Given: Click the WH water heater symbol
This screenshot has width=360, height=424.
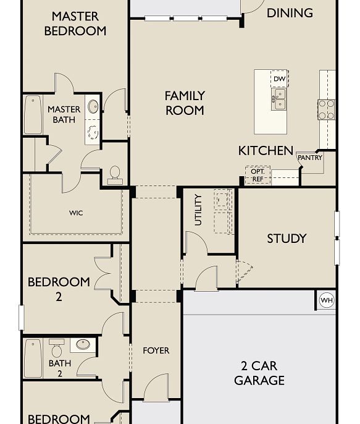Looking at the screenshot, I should [326, 300].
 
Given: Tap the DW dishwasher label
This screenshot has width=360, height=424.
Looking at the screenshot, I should [279, 79].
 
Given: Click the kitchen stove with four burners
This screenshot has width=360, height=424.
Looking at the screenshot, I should [326, 109].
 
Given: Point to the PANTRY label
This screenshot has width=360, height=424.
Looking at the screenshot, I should [310, 158].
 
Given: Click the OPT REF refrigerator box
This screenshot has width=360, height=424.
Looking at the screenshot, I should [257, 176].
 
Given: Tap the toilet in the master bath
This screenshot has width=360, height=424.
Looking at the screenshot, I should [115, 174].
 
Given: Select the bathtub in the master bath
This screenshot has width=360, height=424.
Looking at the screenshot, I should [33, 115].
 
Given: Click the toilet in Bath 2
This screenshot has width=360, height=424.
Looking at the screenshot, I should [57, 349].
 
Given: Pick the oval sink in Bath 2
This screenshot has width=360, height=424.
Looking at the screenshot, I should [83, 345].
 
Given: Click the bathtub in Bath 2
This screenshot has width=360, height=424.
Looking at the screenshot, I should [33, 358].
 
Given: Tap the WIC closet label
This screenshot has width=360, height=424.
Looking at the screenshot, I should [76, 213].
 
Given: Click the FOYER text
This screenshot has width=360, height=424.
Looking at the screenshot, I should [156, 350].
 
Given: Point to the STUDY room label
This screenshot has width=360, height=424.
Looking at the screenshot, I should [287, 239].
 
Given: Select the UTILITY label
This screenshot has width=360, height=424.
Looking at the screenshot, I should [198, 210].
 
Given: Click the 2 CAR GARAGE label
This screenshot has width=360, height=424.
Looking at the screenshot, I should [259, 373].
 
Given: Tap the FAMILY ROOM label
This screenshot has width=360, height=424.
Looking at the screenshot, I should [185, 103].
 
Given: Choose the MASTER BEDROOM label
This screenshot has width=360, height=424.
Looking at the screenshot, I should [75, 23].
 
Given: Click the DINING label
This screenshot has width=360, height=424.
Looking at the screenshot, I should [290, 12].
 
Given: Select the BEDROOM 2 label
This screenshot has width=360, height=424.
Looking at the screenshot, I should [59, 289].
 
